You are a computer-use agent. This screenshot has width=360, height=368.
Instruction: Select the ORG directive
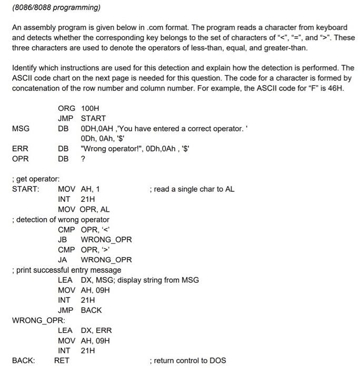click(66, 108)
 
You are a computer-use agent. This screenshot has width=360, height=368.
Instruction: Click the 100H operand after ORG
click(90, 108)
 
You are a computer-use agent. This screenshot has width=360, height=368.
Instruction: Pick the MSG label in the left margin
click(21, 128)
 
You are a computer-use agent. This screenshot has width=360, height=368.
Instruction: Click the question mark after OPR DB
click(83, 158)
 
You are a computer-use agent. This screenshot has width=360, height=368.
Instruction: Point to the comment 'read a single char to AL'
click(192, 189)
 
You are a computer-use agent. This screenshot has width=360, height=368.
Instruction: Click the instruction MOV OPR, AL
click(84, 209)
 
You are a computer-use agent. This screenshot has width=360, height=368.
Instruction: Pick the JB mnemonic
click(63, 239)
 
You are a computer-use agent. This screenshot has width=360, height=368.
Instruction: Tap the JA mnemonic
click(63, 259)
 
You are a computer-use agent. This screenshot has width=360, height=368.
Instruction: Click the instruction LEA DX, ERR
click(85, 330)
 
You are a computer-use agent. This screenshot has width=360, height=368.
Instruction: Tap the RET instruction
click(62, 360)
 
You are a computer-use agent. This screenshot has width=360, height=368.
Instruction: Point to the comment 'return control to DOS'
click(188, 360)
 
